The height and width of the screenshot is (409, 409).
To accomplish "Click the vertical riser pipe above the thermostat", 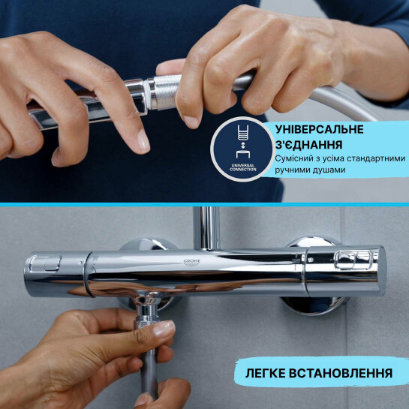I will click(x=204, y=225).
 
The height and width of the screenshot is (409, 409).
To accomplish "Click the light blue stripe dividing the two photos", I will click(x=204, y=203).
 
